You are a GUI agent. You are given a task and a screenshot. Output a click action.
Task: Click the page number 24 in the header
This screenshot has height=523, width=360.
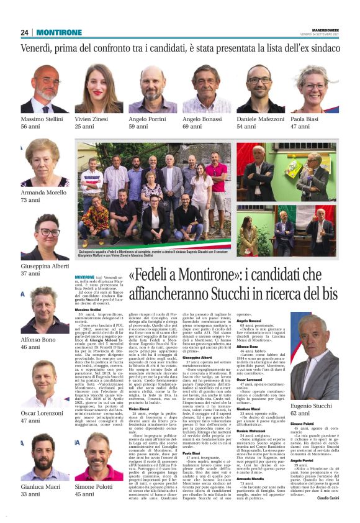[25, 32]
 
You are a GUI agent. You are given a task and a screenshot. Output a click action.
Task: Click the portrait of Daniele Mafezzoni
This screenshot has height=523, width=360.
[261, 88]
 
